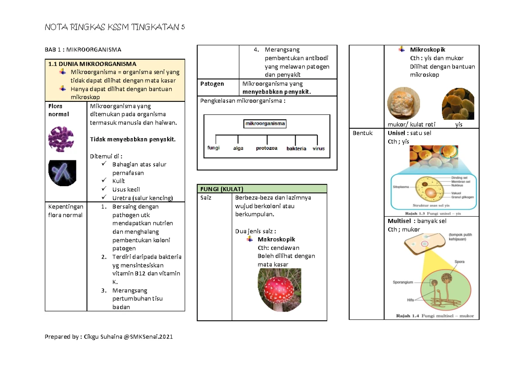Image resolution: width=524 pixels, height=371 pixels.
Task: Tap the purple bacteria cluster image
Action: click(61, 139)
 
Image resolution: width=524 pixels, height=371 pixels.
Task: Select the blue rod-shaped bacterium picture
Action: click(62, 173)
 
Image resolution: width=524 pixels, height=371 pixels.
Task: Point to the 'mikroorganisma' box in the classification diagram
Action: click(265, 124)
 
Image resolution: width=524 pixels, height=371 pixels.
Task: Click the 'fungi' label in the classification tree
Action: click(214, 148)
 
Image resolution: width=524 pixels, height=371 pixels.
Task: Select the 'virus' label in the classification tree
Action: click(319, 149)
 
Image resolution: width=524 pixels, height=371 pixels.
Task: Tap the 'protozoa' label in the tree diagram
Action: click(266, 148)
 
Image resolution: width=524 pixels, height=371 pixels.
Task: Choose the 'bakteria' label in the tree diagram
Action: click(296, 149)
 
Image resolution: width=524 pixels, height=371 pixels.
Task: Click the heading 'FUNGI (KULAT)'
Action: click(221, 189)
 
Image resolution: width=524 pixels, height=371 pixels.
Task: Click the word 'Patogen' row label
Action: click(212, 84)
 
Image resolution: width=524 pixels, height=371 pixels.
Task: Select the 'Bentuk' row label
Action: click(362, 133)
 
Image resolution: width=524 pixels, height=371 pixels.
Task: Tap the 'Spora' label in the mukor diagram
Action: click(459, 262)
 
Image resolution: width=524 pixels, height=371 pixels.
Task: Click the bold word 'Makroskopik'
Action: click(276, 239)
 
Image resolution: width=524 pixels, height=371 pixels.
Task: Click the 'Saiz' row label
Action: click(206, 198)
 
